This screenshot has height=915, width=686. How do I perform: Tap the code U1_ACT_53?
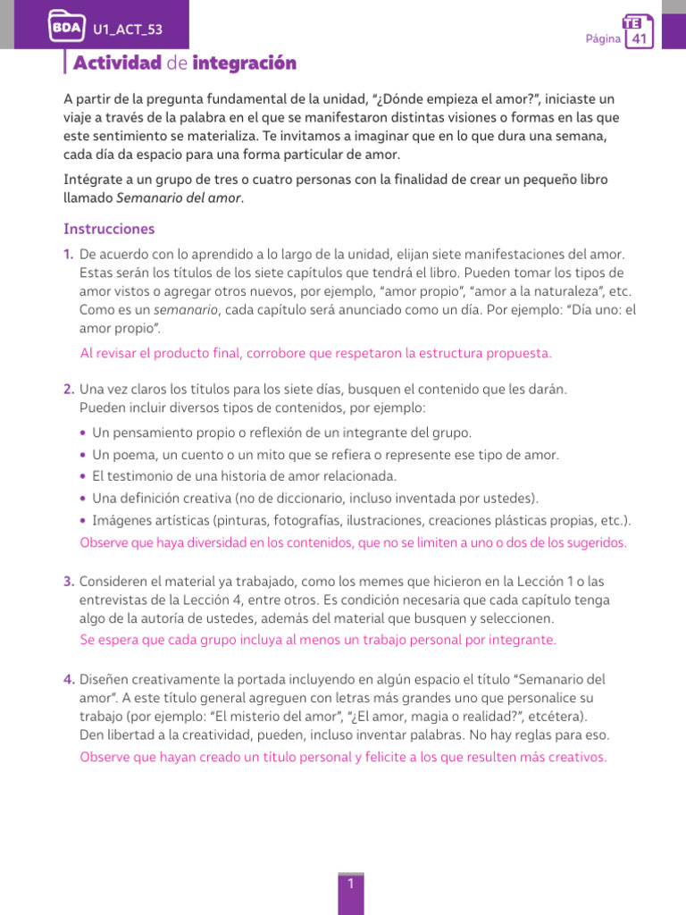pyautogui.click(x=128, y=32)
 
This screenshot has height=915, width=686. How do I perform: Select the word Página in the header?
pyautogui.click(x=602, y=39)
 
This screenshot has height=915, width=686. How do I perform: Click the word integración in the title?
pyautogui.click(x=244, y=63)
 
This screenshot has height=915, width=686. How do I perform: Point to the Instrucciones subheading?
pyautogui.click(x=109, y=230)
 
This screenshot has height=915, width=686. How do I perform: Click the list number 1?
pyautogui.click(x=69, y=256)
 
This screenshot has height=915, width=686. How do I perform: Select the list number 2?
pyautogui.click(x=69, y=390)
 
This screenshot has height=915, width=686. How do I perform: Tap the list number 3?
pyautogui.click(x=69, y=582)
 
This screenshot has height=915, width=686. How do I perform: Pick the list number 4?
pyautogui.click(x=69, y=679)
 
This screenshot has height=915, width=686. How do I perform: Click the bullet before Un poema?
pyautogui.click(x=83, y=455)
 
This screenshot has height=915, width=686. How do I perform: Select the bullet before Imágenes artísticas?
pyautogui.click(x=83, y=521)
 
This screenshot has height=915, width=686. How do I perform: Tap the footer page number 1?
pyautogui.click(x=351, y=884)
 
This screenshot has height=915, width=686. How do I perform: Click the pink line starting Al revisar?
pyautogui.click(x=315, y=353)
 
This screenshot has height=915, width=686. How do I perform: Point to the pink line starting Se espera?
pyautogui.click(x=317, y=640)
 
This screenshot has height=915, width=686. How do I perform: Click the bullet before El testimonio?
pyautogui.click(x=83, y=476)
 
